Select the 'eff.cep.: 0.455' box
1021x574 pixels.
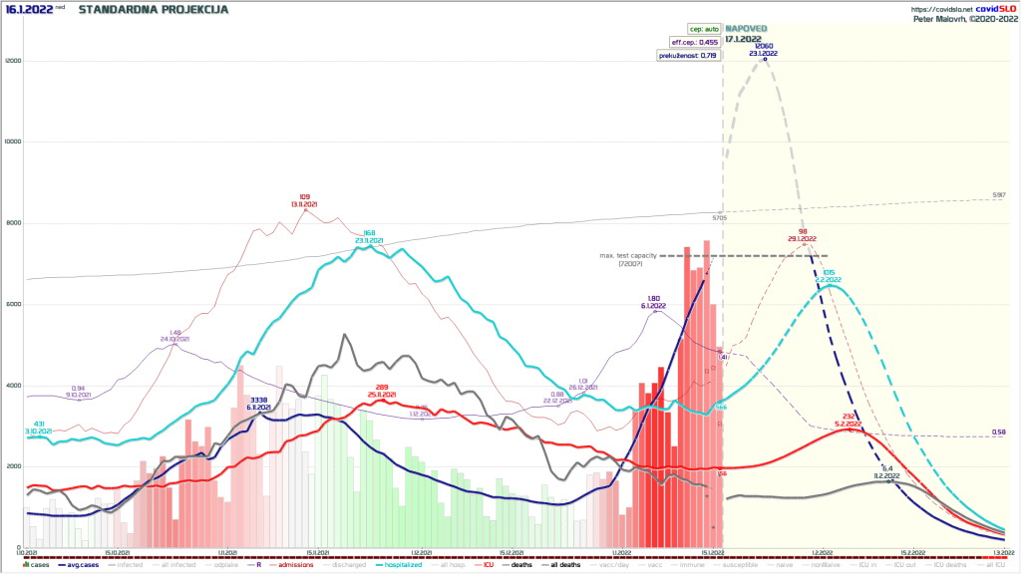[696, 42]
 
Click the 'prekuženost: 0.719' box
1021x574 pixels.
[688, 55]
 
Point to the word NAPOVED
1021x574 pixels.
[746, 29]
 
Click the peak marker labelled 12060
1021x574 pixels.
[765, 60]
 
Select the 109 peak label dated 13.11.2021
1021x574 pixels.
[304, 200]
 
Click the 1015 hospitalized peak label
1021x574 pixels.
[829, 276]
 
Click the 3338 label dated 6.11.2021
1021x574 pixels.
[259, 403]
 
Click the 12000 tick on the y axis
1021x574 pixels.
[11, 61]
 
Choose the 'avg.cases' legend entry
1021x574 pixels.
[82, 565]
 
